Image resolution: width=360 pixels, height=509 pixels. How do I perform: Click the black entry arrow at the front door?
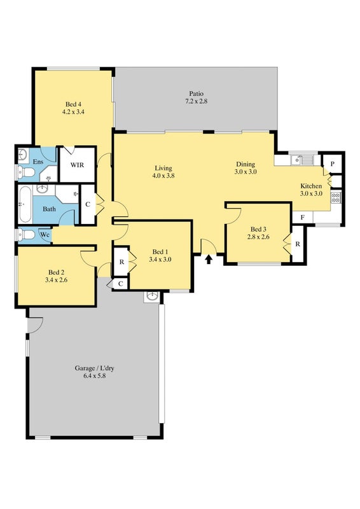(209, 259)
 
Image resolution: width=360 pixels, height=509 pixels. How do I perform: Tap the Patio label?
(197, 94)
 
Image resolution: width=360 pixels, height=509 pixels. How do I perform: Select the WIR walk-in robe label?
(77, 165)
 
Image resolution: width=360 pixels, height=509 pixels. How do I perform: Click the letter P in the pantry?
(333, 164)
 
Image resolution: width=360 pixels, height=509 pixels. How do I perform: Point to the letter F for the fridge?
(303, 218)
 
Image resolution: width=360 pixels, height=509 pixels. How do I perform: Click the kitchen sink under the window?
(301, 160)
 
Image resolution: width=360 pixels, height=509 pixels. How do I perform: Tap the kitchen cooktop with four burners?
(336, 198)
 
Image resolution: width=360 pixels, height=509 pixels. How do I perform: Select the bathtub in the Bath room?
(25, 204)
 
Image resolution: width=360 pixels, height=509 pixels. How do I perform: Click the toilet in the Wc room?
(27, 234)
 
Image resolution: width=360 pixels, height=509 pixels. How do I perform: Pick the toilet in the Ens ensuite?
(25, 172)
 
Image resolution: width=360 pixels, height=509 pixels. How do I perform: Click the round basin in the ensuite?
(23, 153)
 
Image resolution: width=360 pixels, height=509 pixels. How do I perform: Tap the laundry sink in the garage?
(152, 296)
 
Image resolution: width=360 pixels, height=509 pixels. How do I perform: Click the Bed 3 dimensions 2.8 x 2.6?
(258, 237)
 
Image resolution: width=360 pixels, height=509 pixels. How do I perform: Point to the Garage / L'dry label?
(95, 368)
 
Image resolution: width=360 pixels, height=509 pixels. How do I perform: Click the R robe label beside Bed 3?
(298, 244)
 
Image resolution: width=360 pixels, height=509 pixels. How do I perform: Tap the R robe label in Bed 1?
(121, 262)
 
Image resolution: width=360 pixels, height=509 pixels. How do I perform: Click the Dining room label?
(246, 164)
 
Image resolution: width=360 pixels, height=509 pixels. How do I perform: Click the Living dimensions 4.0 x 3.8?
(163, 176)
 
